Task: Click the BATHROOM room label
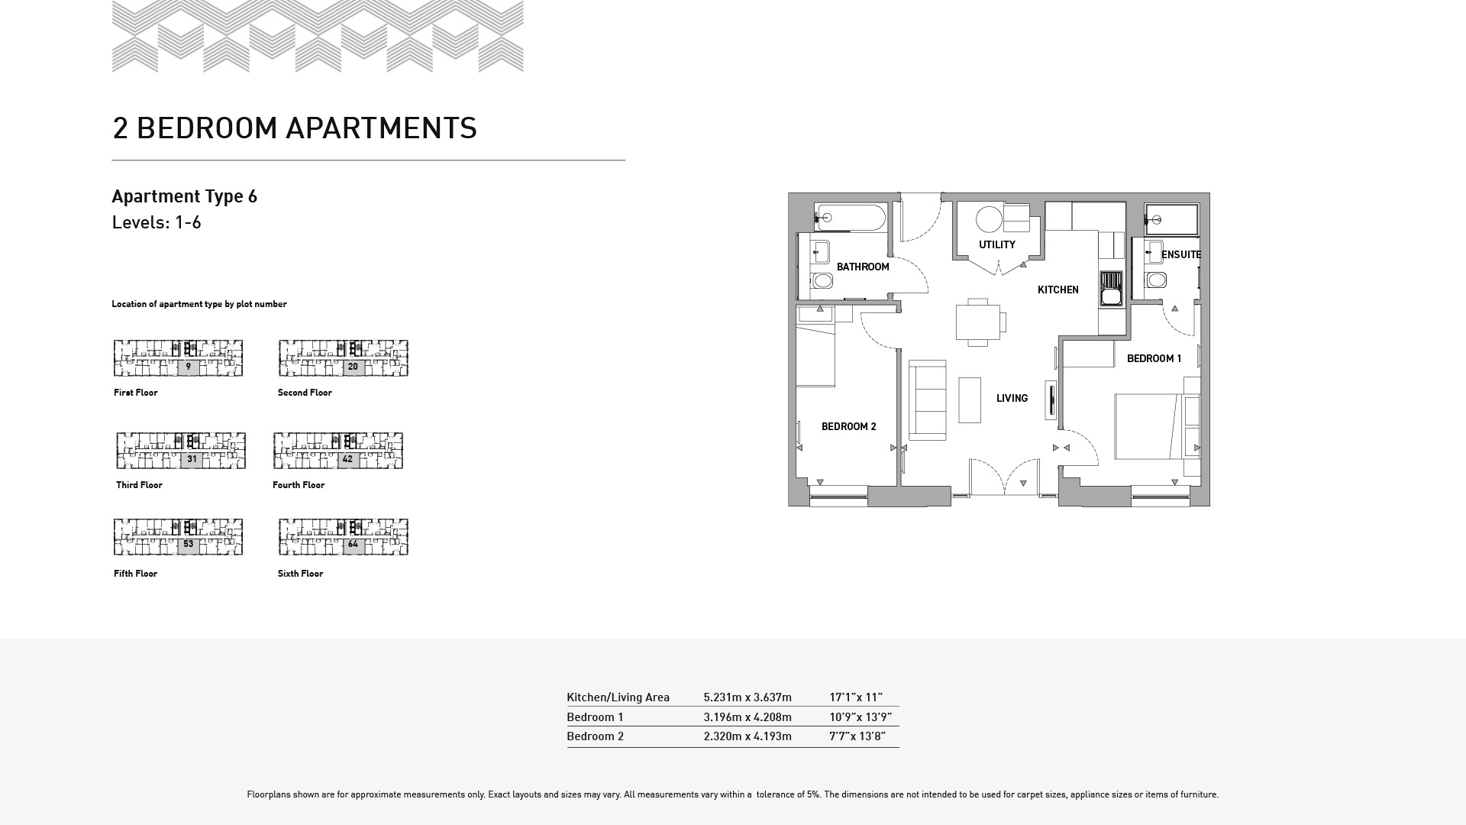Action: coord(863,267)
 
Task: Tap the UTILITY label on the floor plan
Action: coord(997,244)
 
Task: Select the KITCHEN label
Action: coord(1058,290)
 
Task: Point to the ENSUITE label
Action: coord(1181,254)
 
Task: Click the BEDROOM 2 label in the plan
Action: coord(849,426)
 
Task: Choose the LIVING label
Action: coord(1012,398)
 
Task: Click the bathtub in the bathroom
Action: coord(850,218)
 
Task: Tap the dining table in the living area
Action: coord(978,322)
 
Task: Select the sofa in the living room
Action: coord(928,400)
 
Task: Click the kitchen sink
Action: coord(1111,289)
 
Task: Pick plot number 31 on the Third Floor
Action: coord(192,459)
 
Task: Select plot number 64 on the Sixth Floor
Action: coord(353,545)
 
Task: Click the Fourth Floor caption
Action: coord(299,485)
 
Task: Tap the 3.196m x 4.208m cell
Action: coord(748,717)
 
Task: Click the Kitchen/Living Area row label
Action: coord(618,697)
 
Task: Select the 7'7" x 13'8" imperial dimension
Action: coord(857,736)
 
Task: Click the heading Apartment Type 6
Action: coord(184,196)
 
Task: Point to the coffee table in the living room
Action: coord(970,400)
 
